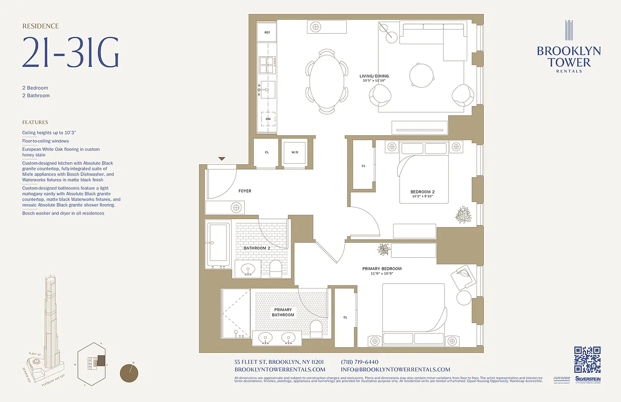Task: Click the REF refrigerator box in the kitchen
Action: tap(267, 32)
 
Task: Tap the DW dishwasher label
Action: tap(268, 119)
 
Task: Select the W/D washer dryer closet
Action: tap(295, 152)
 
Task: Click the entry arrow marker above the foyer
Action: tap(222, 159)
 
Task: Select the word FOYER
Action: tap(245, 191)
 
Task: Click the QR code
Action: tap(587, 359)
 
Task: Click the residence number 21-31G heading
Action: tap(70, 53)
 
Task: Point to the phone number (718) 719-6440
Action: tap(359, 362)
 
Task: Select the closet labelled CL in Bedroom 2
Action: tap(363, 165)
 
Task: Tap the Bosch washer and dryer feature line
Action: tap(63, 213)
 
